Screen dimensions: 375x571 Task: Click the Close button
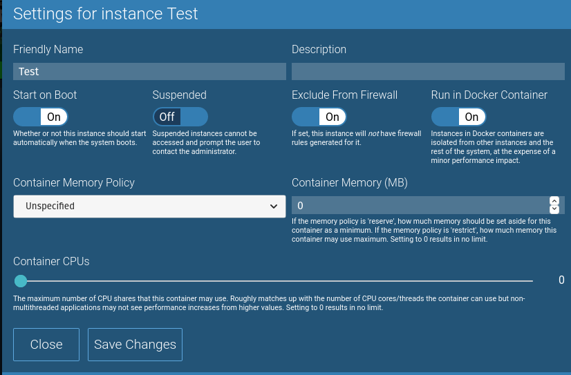click(x=46, y=345)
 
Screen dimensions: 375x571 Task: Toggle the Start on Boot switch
click(x=41, y=117)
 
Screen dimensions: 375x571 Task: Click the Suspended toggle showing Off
click(x=180, y=117)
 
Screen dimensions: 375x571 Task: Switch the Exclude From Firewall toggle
click(x=319, y=117)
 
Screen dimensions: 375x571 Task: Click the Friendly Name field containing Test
click(x=149, y=71)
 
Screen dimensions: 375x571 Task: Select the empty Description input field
click(x=428, y=71)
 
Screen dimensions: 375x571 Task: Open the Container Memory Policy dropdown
click(x=149, y=206)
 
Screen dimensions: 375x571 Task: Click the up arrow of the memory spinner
click(x=554, y=201)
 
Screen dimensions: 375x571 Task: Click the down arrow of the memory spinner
click(x=554, y=209)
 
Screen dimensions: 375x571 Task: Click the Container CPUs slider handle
click(x=21, y=281)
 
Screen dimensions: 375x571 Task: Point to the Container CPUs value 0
click(x=561, y=280)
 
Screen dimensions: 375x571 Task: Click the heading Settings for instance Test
click(x=106, y=14)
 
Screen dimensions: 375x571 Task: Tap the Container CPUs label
click(x=51, y=261)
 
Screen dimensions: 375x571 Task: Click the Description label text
click(x=319, y=49)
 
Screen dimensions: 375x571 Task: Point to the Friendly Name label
click(x=48, y=49)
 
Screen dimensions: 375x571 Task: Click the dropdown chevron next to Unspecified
click(x=272, y=206)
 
